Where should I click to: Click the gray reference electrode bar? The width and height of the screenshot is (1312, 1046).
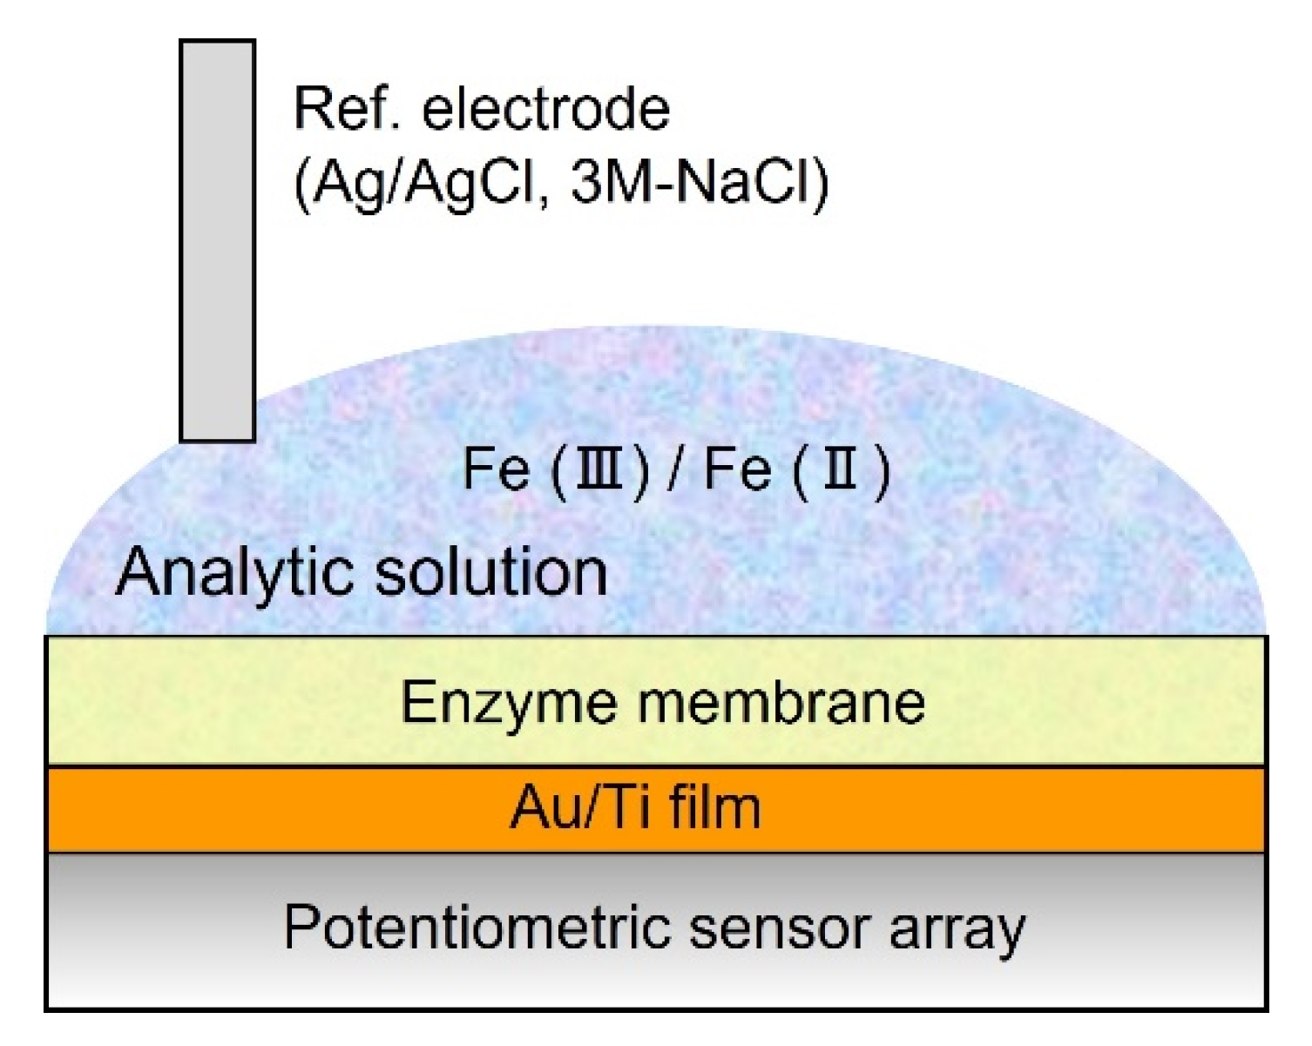(217, 218)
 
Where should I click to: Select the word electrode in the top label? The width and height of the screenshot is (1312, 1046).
(546, 109)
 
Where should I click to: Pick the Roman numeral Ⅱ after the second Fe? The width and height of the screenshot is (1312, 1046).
(841, 469)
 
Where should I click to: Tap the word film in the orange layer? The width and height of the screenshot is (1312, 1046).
(714, 806)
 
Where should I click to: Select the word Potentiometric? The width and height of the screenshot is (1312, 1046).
(478, 926)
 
